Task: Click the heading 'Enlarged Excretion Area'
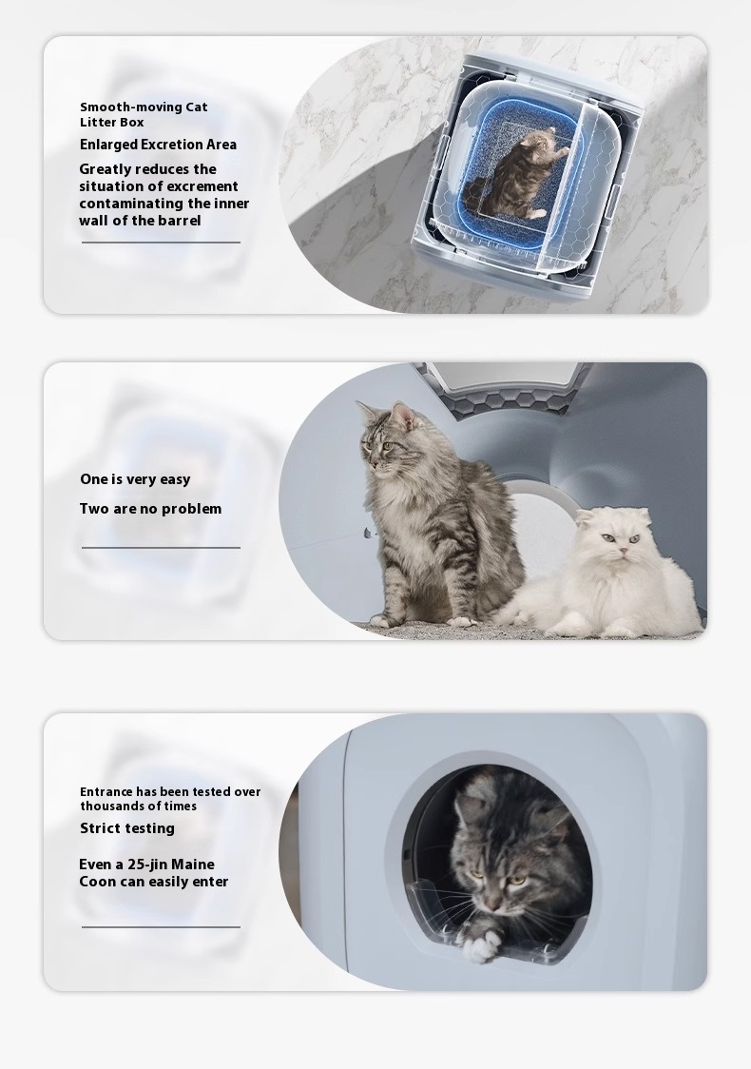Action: (x=158, y=145)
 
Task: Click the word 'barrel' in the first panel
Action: (x=180, y=221)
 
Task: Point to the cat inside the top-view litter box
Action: (x=518, y=175)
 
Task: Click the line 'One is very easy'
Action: (x=135, y=479)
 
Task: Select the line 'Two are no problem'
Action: (x=150, y=509)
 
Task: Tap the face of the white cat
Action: (x=617, y=542)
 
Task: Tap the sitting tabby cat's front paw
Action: (x=461, y=620)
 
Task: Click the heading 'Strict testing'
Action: (x=127, y=828)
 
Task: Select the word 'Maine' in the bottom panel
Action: (x=193, y=865)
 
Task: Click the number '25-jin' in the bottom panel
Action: (x=147, y=865)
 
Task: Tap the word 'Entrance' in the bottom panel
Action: (x=106, y=791)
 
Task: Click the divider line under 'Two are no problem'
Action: (x=161, y=548)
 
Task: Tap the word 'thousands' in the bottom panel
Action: (x=111, y=806)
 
